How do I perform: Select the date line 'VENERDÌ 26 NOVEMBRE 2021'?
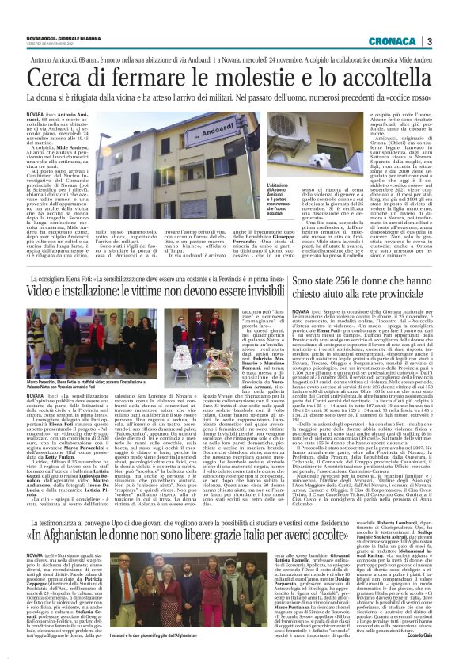click(x=47, y=44)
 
